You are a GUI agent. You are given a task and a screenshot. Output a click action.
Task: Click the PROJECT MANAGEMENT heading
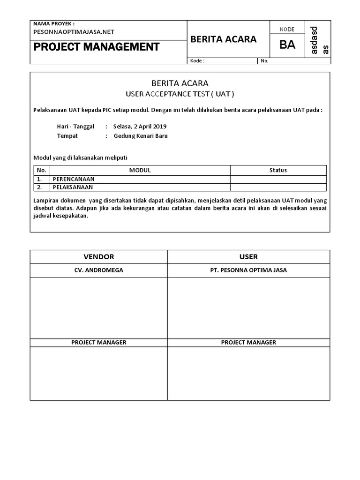[96, 47]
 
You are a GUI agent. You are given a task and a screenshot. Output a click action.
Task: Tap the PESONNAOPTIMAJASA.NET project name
[74, 32]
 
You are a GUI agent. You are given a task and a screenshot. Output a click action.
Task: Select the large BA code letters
[287, 45]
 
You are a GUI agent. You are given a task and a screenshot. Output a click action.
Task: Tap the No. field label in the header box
[264, 61]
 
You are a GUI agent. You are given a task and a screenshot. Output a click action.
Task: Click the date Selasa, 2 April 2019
[140, 127]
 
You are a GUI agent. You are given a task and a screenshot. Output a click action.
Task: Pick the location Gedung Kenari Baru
[141, 136]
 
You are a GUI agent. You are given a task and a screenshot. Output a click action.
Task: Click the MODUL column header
[140, 170]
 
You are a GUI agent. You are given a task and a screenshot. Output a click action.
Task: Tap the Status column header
[278, 170]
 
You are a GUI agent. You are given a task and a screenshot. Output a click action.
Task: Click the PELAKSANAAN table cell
[73, 187]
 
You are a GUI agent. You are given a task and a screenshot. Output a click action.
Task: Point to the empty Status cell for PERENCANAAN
[278, 179]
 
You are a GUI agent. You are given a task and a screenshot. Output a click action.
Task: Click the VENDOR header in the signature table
[99, 257]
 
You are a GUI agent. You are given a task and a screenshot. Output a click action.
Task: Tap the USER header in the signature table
[248, 257]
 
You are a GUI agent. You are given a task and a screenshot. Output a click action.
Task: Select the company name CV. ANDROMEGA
[99, 270]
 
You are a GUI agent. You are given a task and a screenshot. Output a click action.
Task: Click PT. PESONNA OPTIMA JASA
[248, 270]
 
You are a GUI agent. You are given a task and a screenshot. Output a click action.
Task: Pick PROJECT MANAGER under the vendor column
[99, 342]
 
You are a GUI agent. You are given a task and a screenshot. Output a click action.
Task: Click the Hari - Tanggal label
[75, 127]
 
